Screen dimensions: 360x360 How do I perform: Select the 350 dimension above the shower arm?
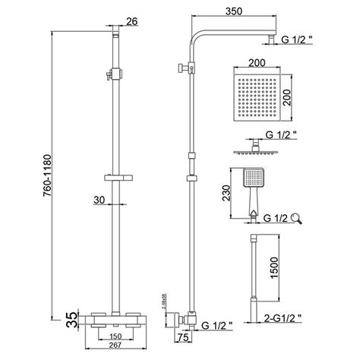point(223,12)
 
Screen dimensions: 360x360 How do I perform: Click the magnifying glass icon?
point(295,220)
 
